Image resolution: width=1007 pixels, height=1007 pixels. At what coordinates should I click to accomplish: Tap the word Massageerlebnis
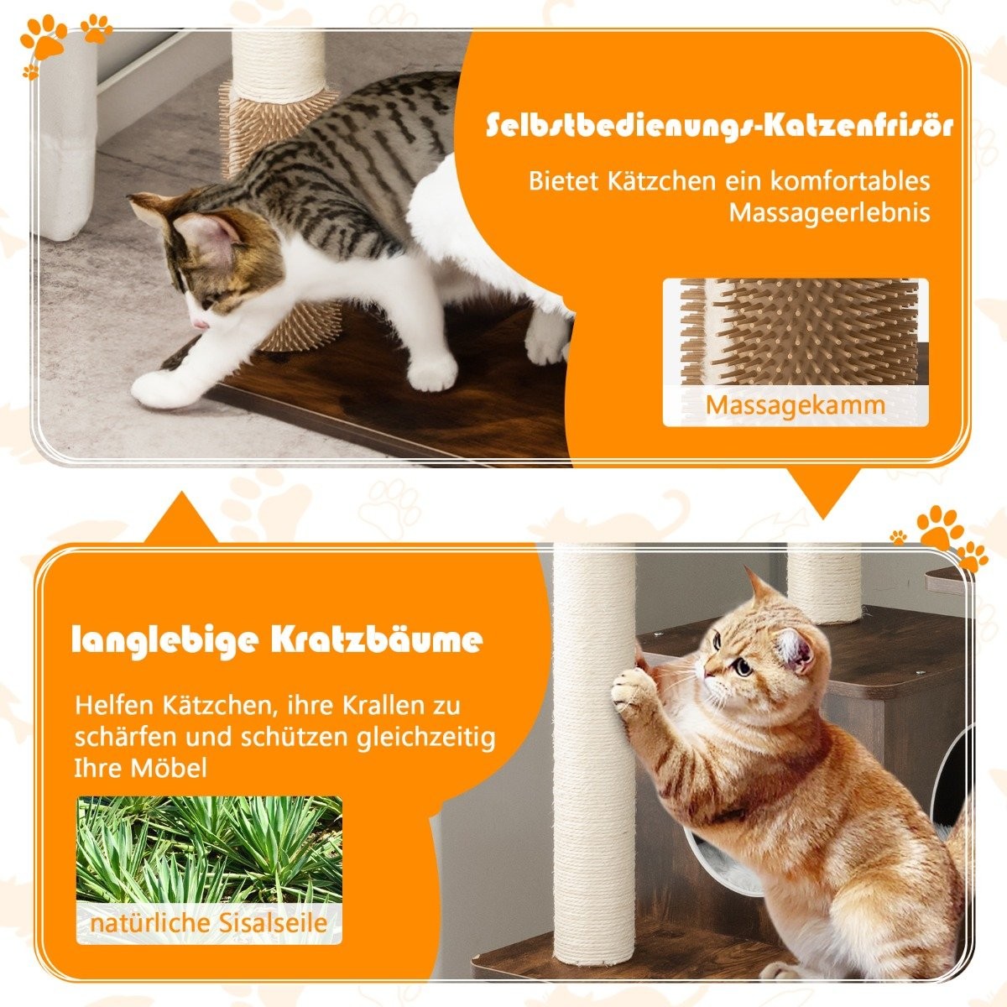pyautogui.click(x=829, y=212)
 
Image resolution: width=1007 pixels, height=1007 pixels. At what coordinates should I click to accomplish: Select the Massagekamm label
pyautogui.click(x=795, y=404)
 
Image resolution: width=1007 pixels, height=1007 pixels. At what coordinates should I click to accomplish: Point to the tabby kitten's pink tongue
pyautogui.click(x=199, y=323)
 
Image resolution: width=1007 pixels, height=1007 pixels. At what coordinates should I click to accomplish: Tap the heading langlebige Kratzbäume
pyautogui.click(x=278, y=640)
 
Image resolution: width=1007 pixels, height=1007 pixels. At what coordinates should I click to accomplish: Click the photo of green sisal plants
pyautogui.click(x=210, y=848)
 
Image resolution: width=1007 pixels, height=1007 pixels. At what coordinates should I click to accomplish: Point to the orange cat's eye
pyautogui.click(x=742, y=668)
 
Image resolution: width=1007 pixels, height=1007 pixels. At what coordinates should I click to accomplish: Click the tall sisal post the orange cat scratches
pyautogui.click(x=593, y=755)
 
